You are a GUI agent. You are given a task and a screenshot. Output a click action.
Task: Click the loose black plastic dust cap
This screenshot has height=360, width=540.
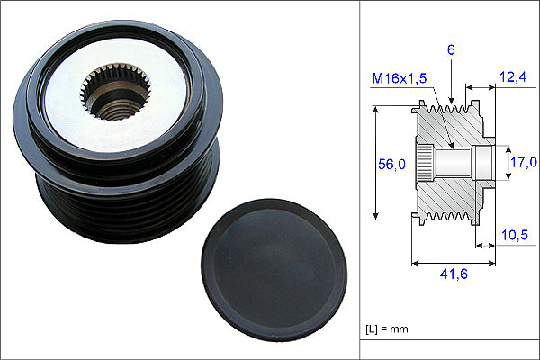point(274,270)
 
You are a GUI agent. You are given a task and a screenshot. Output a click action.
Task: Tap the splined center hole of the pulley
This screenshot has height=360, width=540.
point(116,92)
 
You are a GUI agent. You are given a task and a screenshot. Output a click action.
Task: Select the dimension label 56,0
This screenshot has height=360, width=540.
point(391,165)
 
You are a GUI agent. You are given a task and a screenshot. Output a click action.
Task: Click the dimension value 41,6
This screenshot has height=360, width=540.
point(454,274)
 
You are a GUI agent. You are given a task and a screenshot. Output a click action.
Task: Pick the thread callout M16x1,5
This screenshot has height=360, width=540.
point(399,78)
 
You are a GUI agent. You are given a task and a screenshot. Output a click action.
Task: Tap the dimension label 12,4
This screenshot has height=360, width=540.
point(513,76)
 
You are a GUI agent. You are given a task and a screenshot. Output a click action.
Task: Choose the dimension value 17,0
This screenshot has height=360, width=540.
point(524,162)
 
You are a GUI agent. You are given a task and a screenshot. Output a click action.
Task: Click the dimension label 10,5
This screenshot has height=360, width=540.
point(515,235)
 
